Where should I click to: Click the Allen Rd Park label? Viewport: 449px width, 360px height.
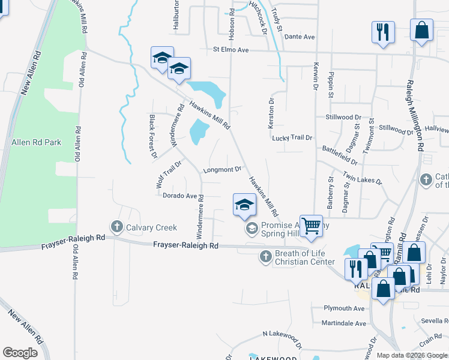point(37,143)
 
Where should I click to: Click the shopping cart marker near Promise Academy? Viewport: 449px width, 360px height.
point(311,226)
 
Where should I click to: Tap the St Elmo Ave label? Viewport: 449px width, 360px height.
point(231,50)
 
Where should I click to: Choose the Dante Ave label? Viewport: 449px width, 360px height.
point(300,37)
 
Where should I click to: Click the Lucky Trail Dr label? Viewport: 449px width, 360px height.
point(292,138)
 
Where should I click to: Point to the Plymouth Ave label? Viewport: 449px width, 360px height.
point(344,308)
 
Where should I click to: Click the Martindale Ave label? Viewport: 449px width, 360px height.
point(343,323)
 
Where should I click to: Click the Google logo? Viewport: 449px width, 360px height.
point(20,353)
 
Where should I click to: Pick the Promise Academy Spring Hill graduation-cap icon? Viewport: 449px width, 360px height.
point(252,228)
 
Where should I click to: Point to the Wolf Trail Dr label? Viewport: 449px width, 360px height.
point(169,175)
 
